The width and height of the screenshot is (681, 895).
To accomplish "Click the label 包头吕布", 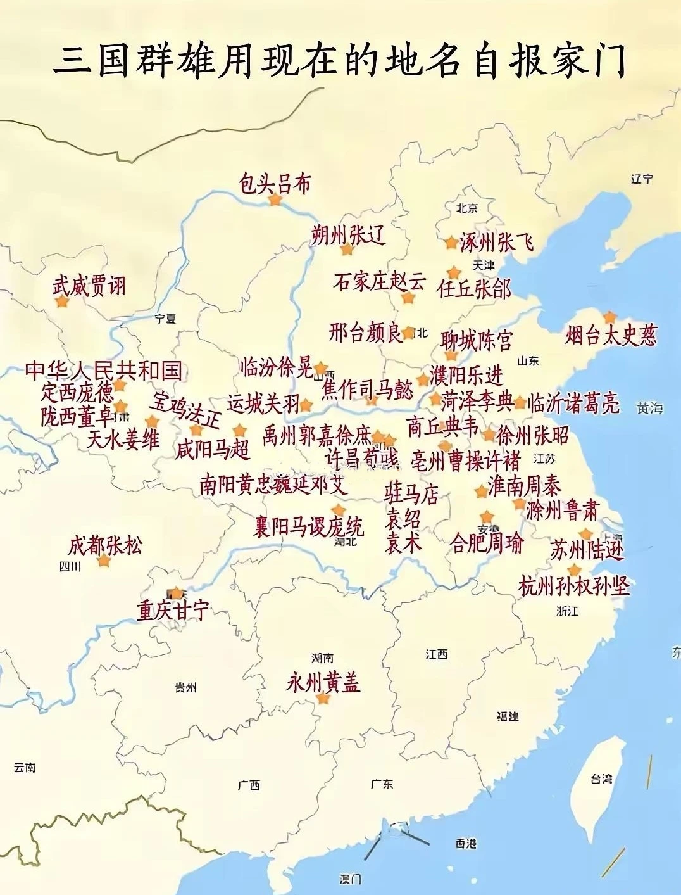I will tap(275, 184).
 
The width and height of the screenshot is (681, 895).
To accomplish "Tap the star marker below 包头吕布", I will tap(275, 200).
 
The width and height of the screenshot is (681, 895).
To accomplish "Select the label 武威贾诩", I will tap(89, 286).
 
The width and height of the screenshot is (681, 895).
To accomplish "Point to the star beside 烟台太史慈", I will tap(609, 317).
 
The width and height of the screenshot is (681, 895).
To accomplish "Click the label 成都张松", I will tap(105, 545).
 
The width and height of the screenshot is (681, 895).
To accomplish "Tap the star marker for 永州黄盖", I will tap(323, 699).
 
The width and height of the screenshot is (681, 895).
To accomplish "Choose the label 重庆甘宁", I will tap(173, 611).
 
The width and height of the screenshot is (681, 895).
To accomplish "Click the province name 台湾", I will tap(601, 779).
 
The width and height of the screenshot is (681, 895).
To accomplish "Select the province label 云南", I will tap(25, 768).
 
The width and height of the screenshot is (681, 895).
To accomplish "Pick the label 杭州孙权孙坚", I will tap(574, 586).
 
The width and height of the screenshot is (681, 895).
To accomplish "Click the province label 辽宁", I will tap(641, 179).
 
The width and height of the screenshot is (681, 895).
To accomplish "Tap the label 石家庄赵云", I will tap(379, 281).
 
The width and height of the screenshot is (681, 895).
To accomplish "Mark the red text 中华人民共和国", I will tap(104, 371).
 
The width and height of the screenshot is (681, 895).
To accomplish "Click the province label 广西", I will tap(249, 785).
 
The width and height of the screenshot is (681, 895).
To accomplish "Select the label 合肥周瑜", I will tap(487, 543).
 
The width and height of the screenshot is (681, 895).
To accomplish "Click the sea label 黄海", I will tap(650, 409).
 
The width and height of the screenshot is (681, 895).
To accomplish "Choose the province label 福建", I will tap(508, 716).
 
